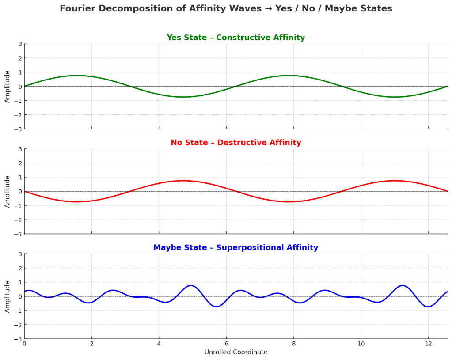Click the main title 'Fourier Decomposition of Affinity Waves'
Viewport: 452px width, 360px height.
point(226,9)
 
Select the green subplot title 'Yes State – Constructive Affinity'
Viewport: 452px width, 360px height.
point(235,38)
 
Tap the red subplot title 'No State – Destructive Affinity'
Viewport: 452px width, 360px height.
point(235,143)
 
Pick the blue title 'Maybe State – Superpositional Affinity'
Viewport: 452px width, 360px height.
point(235,248)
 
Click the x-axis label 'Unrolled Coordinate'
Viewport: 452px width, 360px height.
point(235,352)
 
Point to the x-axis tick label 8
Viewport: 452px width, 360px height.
point(293,344)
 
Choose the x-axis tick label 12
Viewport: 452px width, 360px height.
point(428,344)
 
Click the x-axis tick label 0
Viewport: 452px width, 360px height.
point(24,344)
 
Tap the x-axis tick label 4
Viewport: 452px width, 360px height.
point(159,344)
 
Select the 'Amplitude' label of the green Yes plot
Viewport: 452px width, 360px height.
point(8,87)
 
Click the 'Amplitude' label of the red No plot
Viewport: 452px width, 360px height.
point(8,191)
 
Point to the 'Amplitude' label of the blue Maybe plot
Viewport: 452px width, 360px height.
point(8,296)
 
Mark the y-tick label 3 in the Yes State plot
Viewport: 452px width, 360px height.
point(20,44)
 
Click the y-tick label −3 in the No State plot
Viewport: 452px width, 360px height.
point(18,234)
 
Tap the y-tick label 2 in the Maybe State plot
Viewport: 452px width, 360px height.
point(20,268)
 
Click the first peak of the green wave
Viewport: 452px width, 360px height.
point(77,76)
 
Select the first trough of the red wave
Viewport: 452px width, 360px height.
point(77,202)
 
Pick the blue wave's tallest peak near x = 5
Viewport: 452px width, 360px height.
point(190,285)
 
